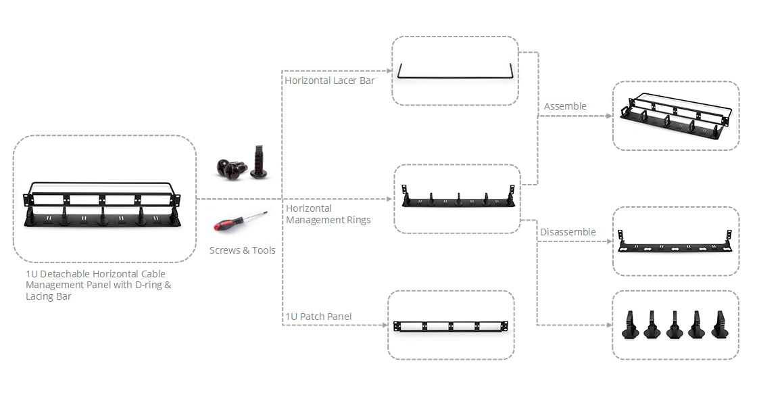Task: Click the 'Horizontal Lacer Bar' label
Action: pyautogui.click(x=329, y=80)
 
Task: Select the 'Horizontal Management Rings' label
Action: pyautogui.click(x=328, y=214)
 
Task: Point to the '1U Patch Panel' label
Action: pyautogui.click(x=318, y=317)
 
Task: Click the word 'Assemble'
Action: pyautogui.click(x=565, y=106)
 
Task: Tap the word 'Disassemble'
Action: pyautogui.click(x=568, y=232)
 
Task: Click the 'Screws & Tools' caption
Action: pyautogui.click(x=242, y=250)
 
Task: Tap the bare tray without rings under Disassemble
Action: pyautogui.click(x=675, y=243)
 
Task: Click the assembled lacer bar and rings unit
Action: pyautogui.click(x=675, y=116)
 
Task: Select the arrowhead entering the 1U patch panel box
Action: pyautogui.click(x=383, y=325)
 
